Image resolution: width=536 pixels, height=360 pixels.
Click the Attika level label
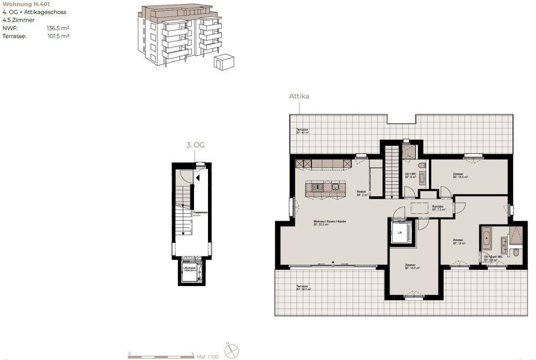pos(300,96)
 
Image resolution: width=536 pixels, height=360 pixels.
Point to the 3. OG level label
pos(196,145)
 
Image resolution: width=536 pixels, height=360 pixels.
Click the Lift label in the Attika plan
pos(399,232)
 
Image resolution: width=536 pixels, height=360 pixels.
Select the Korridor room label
pos(438,206)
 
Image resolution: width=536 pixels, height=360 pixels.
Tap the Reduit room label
pos(362,193)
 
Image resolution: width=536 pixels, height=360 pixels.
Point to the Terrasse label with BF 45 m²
pos(303,131)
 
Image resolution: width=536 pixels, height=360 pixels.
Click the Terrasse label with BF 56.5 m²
pos(304,288)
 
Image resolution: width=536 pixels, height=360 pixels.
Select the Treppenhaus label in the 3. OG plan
pos(200,213)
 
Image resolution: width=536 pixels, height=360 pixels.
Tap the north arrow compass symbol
pos(232,351)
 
